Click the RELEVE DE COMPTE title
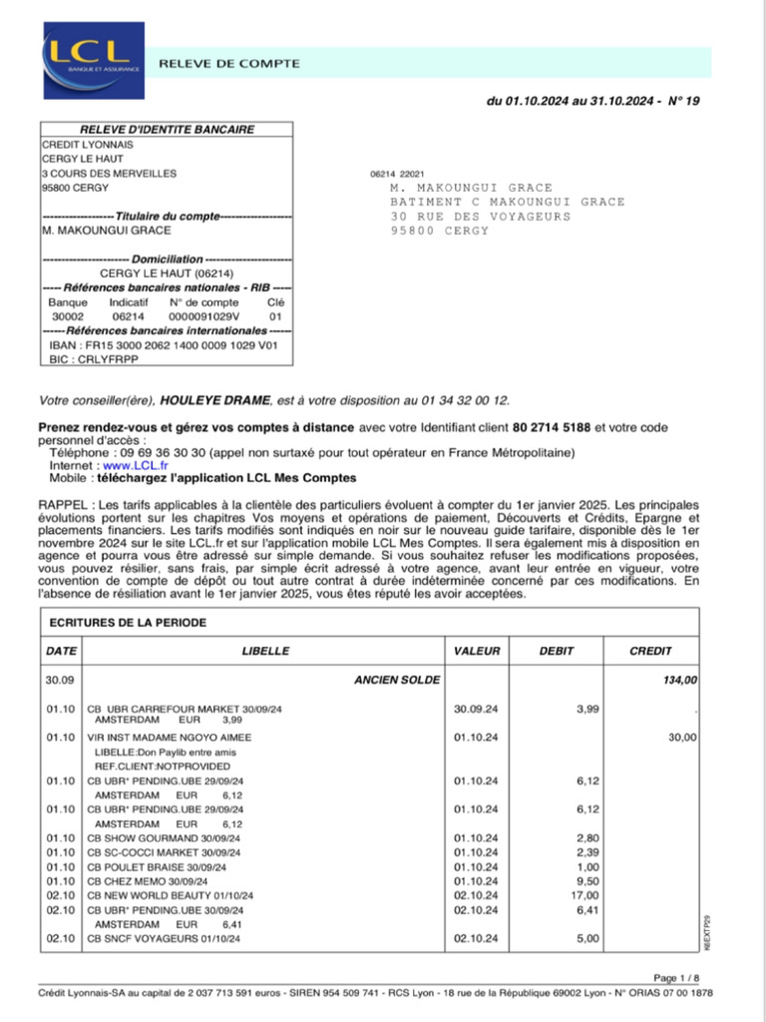[x=229, y=63]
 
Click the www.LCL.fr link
[x=136, y=465]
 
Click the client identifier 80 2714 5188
[x=552, y=427]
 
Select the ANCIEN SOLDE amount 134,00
[x=682, y=680]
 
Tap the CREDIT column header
[x=650, y=651]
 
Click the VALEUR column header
[x=477, y=651]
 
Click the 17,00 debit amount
[x=586, y=895]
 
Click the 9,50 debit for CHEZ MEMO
[x=588, y=881]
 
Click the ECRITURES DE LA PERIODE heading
[x=128, y=623]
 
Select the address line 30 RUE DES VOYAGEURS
[x=481, y=217]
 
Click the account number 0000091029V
[x=203, y=315]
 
